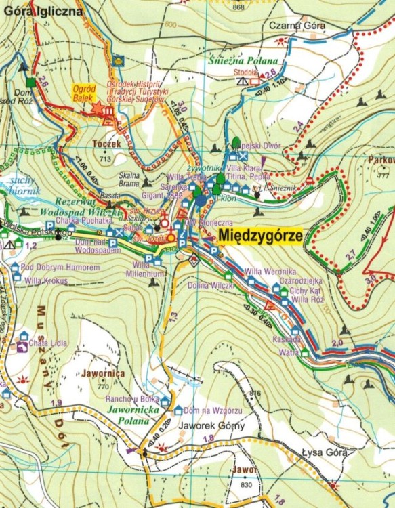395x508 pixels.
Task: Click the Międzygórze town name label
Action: [260, 235]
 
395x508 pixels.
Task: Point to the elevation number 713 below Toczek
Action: [104, 159]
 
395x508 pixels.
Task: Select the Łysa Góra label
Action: [325, 452]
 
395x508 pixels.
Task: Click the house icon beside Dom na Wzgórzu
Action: [178, 410]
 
